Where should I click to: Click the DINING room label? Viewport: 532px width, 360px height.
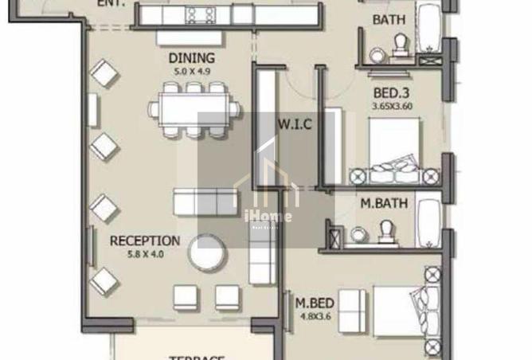191,58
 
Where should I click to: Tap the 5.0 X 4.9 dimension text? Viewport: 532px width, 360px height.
191,72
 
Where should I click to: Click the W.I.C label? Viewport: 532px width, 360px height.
293,124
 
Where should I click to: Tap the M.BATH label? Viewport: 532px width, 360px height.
384,204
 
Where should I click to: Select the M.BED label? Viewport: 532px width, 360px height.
315,303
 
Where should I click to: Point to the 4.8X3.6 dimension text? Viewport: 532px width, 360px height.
315,317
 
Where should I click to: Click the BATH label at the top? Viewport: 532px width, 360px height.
389,20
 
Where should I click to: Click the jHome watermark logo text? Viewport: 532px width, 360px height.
267,216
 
